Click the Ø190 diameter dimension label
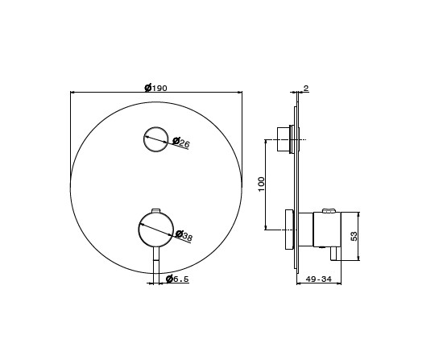pyautogui.click(x=156, y=88)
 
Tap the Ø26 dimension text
pyautogui.click(x=181, y=143)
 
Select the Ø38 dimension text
pyautogui.click(x=184, y=236)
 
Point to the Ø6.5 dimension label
pyautogui.click(x=177, y=279)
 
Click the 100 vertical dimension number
pyautogui.click(x=262, y=184)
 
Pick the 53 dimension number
pyautogui.click(x=354, y=236)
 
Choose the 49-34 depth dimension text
pyautogui.click(x=319, y=279)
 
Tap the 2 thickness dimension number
pyautogui.click(x=306, y=88)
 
